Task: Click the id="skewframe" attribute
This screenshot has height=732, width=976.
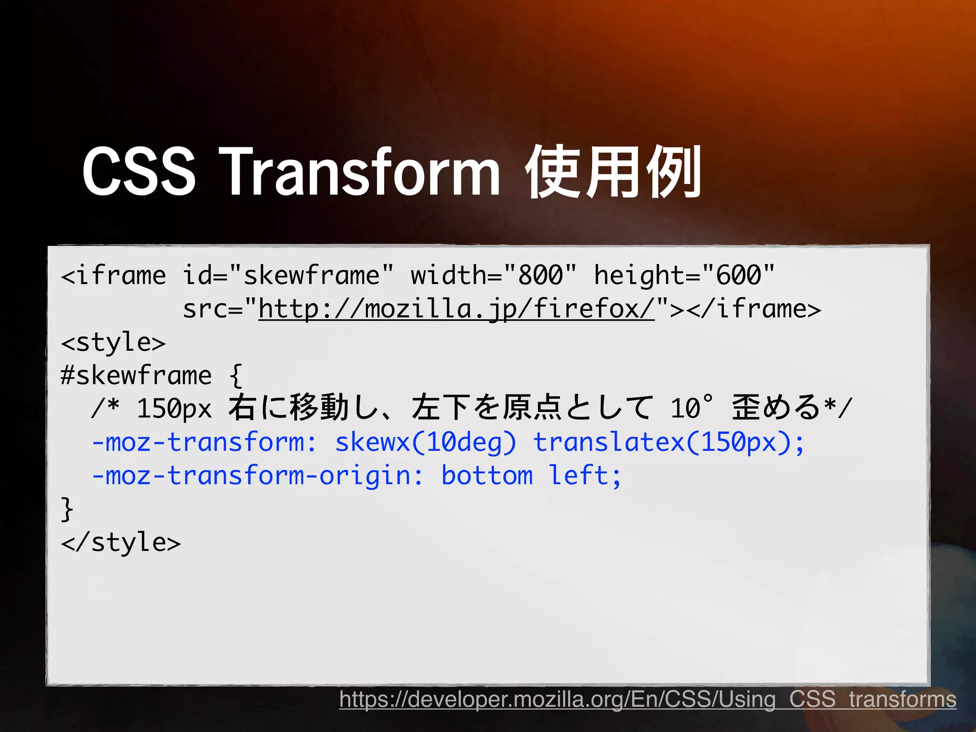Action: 288,275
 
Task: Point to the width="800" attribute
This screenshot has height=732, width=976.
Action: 494,275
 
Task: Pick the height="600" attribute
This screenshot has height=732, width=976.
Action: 684,275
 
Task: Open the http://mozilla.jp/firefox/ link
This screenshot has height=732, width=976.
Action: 457,309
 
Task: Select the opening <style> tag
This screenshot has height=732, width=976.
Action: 113,342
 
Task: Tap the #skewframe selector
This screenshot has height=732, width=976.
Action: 136,376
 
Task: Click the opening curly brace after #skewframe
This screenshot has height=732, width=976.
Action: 236,376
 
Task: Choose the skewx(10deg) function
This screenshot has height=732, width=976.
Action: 426,442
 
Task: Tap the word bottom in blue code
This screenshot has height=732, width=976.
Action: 487,476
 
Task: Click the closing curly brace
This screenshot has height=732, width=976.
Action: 67,509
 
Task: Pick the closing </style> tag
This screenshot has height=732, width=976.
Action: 121,542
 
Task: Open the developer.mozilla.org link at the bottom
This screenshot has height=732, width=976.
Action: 648,700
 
